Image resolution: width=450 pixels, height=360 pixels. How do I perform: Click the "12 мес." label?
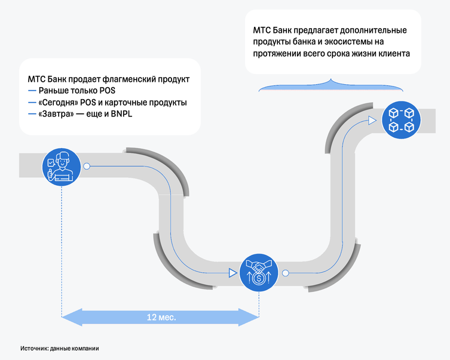pos(161,317)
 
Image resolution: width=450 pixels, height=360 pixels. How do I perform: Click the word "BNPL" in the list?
pos(121,114)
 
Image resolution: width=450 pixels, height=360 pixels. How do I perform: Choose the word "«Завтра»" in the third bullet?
pos(54,114)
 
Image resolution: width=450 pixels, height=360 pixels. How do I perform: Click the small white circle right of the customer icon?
pos(87,166)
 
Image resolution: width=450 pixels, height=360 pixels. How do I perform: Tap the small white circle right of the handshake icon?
pos(285,273)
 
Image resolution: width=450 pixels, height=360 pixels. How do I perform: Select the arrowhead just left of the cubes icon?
pos(372,120)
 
